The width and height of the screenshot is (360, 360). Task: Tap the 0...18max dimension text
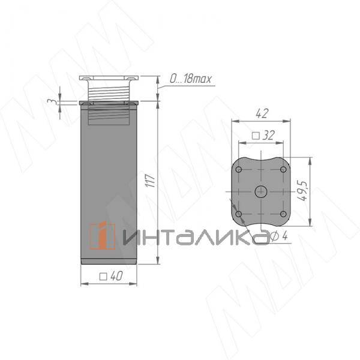[x=190, y=79]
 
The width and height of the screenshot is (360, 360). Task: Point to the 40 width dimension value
[x=116, y=276]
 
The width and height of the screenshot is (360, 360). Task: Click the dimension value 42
[x=262, y=113]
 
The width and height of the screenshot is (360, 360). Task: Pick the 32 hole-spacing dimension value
[x=268, y=136]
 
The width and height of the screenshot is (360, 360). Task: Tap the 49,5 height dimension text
[x=303, y=191]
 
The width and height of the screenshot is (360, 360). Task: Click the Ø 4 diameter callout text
[x=279, y=236]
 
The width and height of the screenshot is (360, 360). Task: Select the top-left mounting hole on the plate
[x=239, y=170]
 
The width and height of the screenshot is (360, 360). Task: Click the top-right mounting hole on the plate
[x=283, y=170]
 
